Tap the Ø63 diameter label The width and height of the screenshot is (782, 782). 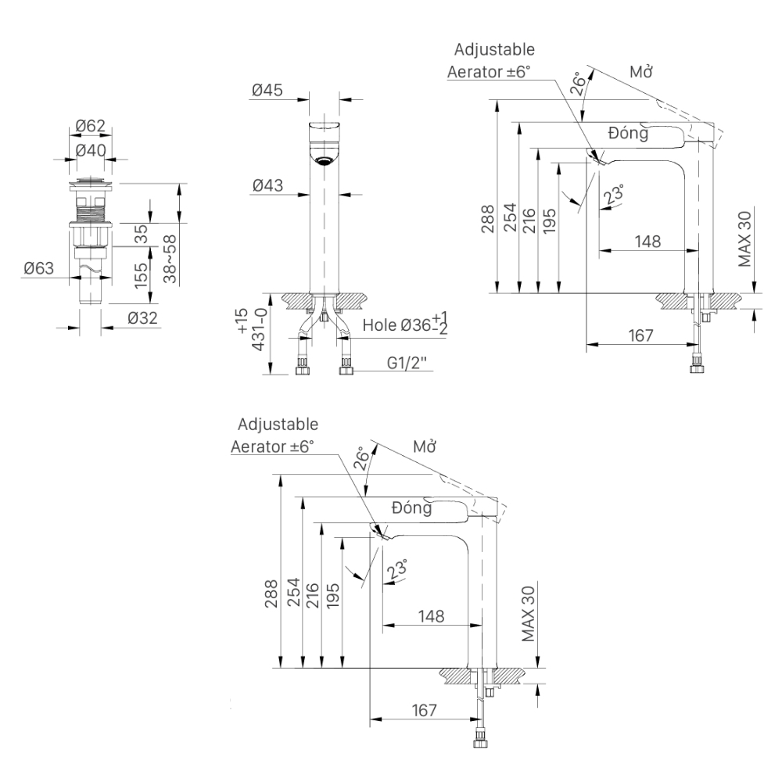(x=38, y=268)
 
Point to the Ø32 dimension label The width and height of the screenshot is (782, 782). (x=143, y=318)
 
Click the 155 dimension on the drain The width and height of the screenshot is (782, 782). (x=142, y=276)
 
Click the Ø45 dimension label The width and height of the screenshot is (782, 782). (x=267, y=91)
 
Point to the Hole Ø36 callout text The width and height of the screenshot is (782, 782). (x=405, y=323)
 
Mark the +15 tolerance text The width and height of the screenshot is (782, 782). (x=242, y=321)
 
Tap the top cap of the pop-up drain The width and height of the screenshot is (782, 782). (x=91, y=185)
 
